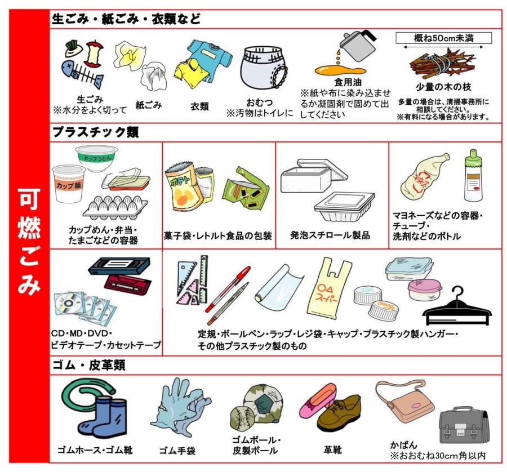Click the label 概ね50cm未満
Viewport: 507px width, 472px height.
(443, 38)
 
